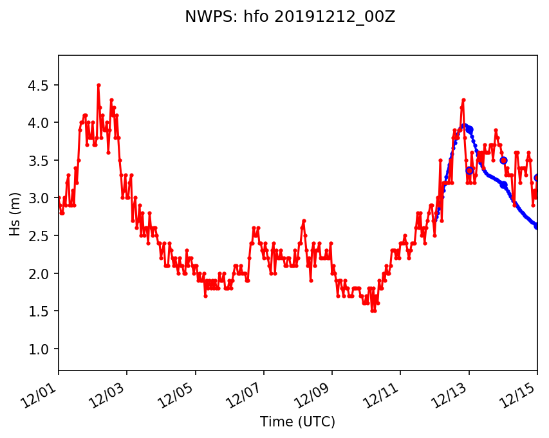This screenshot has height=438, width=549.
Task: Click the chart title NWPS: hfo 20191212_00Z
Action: coord(290,17)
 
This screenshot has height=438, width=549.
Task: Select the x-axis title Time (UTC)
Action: coord(297,422)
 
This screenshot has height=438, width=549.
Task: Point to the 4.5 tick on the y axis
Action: coord(41,85)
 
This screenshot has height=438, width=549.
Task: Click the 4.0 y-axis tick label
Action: coord(41,123)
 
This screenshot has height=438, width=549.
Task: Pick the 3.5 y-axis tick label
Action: coord(41,160)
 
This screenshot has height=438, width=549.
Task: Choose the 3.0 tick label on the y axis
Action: coord(41,198)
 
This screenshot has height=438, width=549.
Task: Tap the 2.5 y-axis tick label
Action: coord(41,236)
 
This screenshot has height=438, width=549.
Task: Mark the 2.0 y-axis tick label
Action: coord(41,273)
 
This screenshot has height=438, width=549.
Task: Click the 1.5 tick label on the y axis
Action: coord(41,311)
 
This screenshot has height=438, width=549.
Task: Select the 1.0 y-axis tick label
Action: coord(41,349)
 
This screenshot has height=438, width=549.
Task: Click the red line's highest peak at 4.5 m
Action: coord(98,85)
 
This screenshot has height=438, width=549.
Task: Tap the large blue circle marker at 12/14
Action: coord(503,160)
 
